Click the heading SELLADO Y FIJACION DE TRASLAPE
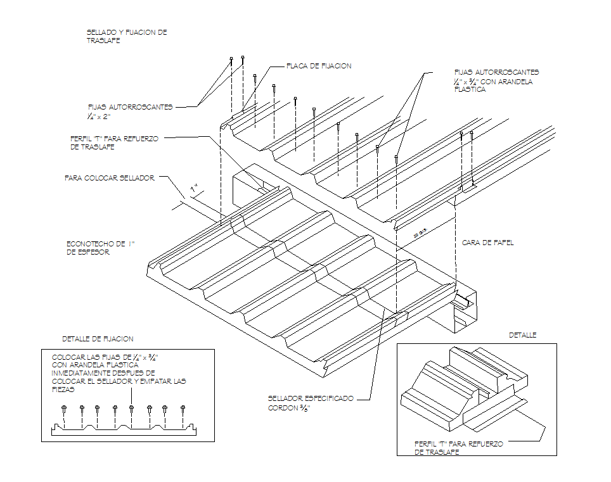pyautogui.click(x=126, y=36)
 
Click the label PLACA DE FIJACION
pyautogui.click(x=318, y=66)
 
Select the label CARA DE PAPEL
pyautogui.click(x=487, y=243)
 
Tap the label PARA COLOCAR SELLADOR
pyautogui.click(x=109, y=178)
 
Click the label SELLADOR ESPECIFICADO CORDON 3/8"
pyautogui.click(x=310, y=403)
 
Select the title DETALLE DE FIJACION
pyautogui.click(x=98, y=339)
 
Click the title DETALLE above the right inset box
pyautogui.click(x=522, y=335)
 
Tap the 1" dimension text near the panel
pyautogui.click(x=195, y=189)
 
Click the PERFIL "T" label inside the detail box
pyautogui.click(x=458, y=448)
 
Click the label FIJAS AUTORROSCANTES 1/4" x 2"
pyautogui.click(x=130, y=111)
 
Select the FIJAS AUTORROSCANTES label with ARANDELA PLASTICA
pyautogui.click(x=496, y=81)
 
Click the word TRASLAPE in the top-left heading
pyautogui.click(x=103, y=41)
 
